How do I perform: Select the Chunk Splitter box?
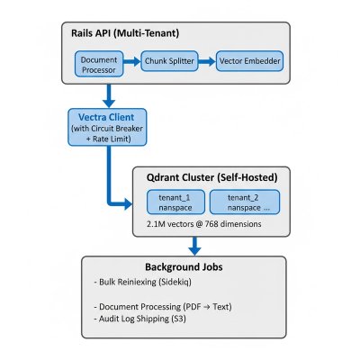[171, 61]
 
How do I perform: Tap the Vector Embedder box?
[248, 61]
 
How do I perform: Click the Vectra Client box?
[107, 130]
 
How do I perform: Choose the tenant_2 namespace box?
[242, 201]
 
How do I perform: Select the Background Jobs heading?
[184, 268]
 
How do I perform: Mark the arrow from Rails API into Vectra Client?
[107, 95]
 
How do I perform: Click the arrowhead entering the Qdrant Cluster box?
[125, 205]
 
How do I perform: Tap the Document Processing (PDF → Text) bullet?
[163, 308]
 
